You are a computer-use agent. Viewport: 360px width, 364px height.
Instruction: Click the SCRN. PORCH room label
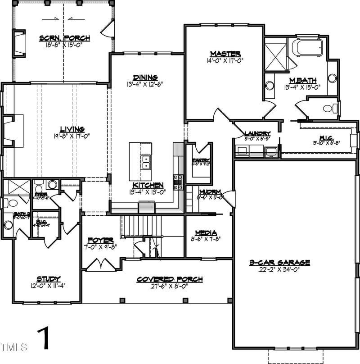pos(64,38)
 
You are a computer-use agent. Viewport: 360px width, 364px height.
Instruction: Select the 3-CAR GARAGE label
pos(279,262)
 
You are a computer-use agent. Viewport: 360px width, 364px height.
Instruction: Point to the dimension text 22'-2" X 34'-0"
pos(279,269)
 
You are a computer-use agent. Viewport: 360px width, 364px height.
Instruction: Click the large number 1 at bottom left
pos(44,339)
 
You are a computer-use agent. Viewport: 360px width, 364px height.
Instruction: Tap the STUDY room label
pos(48,279)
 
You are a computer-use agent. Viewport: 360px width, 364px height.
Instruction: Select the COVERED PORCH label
pos(169,279)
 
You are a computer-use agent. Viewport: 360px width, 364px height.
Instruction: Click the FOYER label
pos(100,241)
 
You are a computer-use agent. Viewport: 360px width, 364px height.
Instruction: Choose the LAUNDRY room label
pos(257,133)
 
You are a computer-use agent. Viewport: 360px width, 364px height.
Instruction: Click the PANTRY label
pos(198,160)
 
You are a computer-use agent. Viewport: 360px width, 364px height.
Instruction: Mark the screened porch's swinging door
pos(107,30)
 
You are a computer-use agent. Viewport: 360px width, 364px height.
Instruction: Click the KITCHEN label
pos(147,185)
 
